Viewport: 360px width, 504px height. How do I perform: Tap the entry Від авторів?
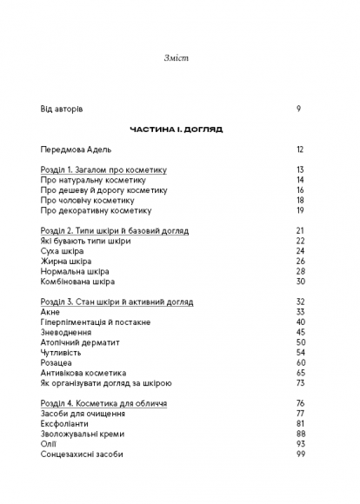click(x=62, y=109)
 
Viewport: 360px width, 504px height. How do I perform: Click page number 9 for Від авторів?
click(x=298, y=109)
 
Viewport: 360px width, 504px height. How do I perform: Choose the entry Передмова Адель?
click(x=77, y=149)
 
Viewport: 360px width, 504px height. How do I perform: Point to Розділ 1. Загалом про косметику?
click(x=103, y=169)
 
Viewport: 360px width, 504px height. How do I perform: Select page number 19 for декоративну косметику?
click(x=299, y=210)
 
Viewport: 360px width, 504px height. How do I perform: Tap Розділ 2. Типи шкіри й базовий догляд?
click(x=114, y=230)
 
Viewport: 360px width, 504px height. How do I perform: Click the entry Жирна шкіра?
click(x=65, y=261)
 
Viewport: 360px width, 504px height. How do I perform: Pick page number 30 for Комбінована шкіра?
click(x=299, y=282)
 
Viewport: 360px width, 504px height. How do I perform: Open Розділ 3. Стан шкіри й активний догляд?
click(x=117, y=302)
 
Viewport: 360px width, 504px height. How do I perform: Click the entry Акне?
click(x=50, y=312)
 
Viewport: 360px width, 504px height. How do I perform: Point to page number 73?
click(x=299, y=383)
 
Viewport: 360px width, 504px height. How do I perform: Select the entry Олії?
click(x=49, y=444)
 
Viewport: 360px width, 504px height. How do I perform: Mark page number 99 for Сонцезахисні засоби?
click(x=299, y=454)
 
